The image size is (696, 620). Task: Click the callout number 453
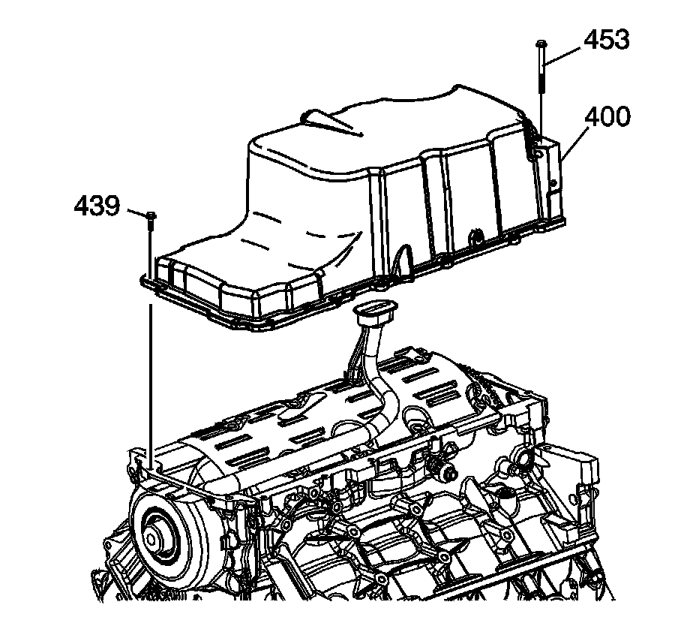607,40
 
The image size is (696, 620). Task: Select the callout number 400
607,116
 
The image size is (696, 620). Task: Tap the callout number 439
97,206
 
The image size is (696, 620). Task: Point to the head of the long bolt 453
540,44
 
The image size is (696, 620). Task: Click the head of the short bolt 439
151,216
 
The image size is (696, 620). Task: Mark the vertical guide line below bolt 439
151,375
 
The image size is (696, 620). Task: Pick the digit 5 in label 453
607,40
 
